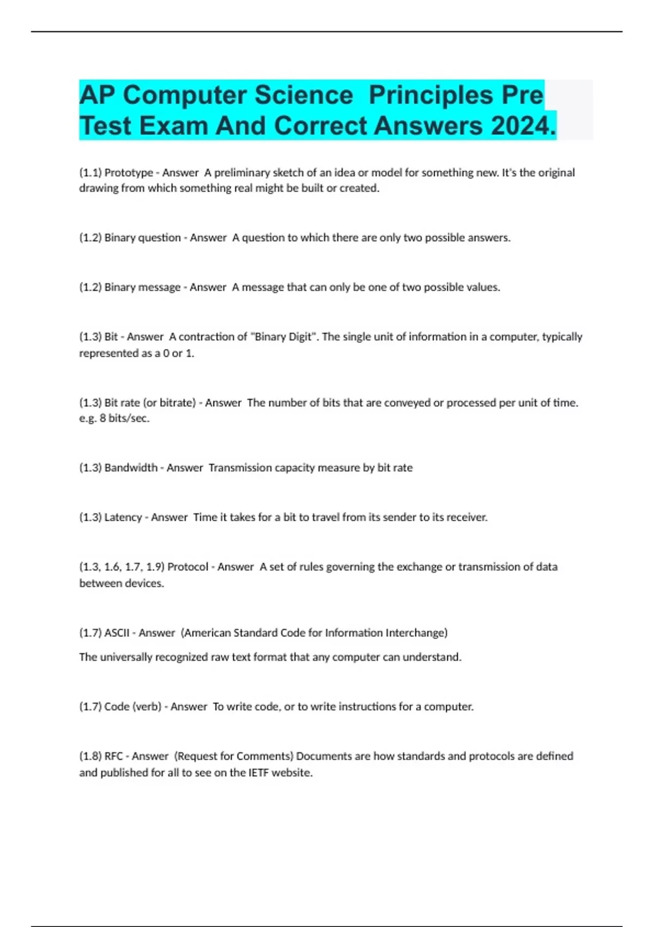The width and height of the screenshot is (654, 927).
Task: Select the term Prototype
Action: coord(129,173)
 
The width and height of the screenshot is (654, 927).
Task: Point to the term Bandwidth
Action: coord(131,468)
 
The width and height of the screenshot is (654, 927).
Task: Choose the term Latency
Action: coord(123,517)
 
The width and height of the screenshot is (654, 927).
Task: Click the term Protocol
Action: coord(187,567)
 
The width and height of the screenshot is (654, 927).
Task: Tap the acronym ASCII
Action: coord(117,633)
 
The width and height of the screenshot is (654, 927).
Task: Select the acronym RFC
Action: coord(113,756)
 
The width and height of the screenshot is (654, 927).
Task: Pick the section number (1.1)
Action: coord(90,173)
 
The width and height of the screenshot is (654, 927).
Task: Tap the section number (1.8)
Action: coord(90,756)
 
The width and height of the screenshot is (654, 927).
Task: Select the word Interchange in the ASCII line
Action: coord(416,633)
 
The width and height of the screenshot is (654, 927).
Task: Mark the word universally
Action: coord(126,657)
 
